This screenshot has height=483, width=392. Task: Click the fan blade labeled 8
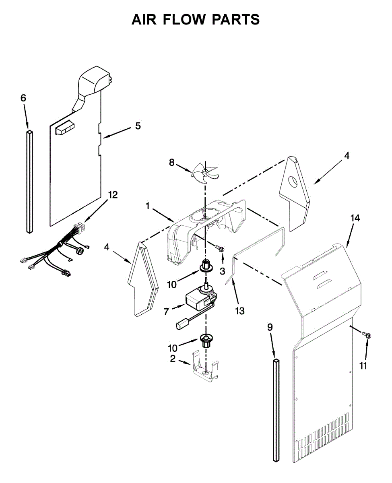click(x=205, y=172)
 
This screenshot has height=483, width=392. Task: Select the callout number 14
click(x=355, y=218)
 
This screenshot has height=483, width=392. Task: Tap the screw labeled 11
click(x=367, y=334)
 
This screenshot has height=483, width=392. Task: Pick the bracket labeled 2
click(x=204, y=367)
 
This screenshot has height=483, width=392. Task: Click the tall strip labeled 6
click(x=30, y=181)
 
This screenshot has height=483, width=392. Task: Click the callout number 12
click(x=113, y=195)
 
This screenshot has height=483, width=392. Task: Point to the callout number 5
click(x=138, y=126)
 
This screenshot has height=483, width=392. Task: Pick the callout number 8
click(x=172, y=163)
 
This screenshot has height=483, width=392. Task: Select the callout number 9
click(x=270, y=327)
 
